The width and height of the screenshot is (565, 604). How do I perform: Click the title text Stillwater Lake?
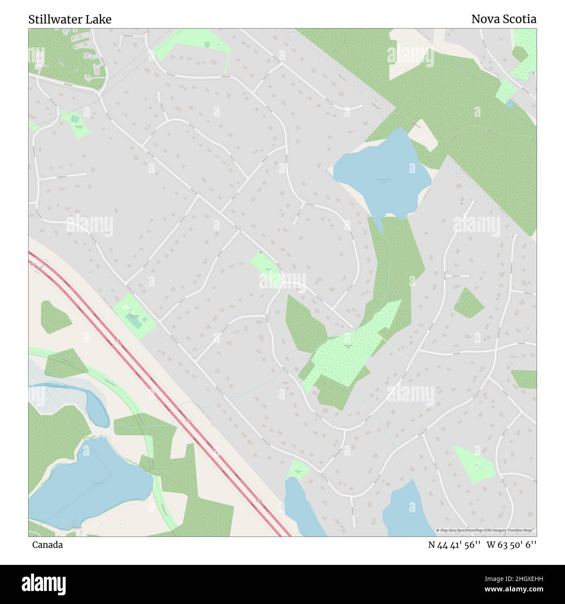(70, 20)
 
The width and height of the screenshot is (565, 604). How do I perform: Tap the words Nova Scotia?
(503, 19)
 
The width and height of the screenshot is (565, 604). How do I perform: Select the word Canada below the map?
(47, 545)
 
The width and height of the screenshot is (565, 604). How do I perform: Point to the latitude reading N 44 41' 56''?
(454, 545)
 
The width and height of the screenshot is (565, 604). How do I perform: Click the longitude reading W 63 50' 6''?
(511, 545)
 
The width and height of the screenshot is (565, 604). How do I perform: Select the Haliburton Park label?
(348, 346)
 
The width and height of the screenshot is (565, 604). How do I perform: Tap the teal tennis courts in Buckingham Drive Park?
(75, 118)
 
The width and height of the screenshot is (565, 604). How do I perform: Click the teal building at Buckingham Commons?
(134, 322)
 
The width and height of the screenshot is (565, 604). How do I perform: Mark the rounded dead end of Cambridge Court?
(85, 174)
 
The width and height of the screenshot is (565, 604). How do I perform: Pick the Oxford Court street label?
(455, 275)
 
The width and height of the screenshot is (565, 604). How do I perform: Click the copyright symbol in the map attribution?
(439, 530)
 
